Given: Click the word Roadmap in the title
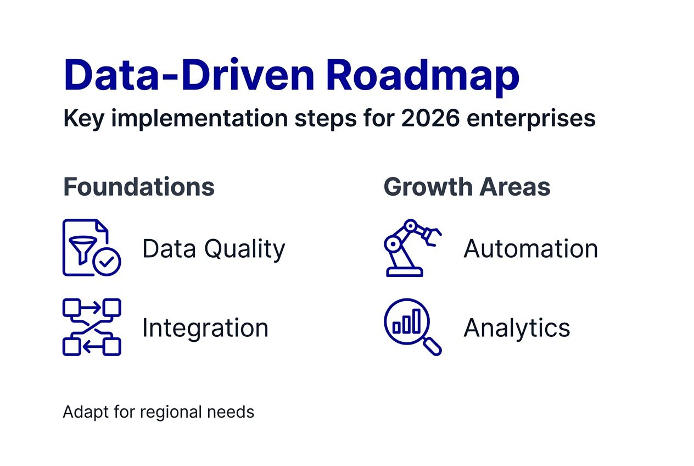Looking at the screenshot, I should pyautogui.click(x=422, y=75).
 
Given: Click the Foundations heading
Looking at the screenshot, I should pyautogui.click(x=138, y=187).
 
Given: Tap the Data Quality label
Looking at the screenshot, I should pyautogui.click(x=214, y=249).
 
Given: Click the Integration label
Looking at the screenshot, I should pyautogui.click(x=205, y=328).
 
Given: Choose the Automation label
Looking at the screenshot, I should pyautogui.click(x=530, y=249).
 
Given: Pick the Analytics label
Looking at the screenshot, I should pyautogui.click(x=517, y=328).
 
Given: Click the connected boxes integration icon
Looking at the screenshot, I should pyautogui.click(x=92, y=327).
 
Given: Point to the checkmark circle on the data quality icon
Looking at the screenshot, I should pyautogui.click(x=107, y=263).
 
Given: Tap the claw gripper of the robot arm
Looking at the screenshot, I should pyautogui.click(x=432, y=234).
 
